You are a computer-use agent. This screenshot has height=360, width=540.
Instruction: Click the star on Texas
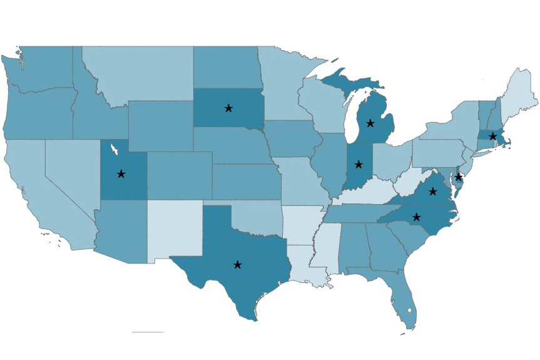pos(237,265)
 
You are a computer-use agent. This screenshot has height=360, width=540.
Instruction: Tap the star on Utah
pos(121,174)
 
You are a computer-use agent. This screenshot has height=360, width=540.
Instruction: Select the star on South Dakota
pos(228,108)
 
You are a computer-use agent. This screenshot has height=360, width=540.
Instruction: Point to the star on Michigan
pos(370,123)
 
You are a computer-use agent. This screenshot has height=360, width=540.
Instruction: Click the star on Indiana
pos(359,165)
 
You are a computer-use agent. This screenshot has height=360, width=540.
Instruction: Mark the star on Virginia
pos(432,191)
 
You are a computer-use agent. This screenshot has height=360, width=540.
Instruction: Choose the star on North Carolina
pos(417,217)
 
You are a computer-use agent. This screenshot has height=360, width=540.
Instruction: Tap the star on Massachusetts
pos(493,136)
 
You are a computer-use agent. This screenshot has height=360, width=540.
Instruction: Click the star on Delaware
pos(459,177)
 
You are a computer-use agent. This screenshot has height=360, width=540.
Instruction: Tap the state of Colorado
pos(179,175)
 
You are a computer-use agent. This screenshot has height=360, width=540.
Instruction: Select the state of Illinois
pos(329,163)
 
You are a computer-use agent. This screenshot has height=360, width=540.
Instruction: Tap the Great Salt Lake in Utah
pos(115,150)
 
